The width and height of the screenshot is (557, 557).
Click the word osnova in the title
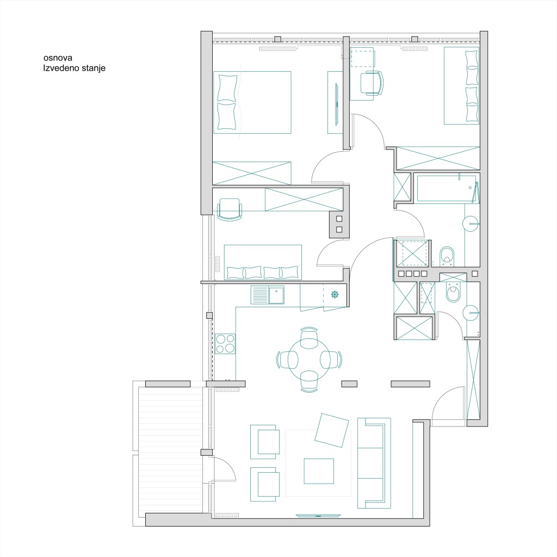[x=58, y=58]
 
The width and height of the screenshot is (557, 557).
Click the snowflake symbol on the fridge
[x=335, y=294]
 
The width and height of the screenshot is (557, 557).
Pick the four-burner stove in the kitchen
[x=225, y=344]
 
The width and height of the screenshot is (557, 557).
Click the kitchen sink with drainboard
[x=268, y=295]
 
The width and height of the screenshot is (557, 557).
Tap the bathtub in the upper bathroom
[x=447, y=188]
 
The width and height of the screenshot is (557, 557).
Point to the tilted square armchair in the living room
[x=331, y=430]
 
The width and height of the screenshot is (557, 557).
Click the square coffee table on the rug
[x=319, y=471]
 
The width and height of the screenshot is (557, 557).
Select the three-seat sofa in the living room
[x=374, y=463]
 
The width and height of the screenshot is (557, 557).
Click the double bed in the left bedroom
[x=252, y=102]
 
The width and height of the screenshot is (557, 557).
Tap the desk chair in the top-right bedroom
[x=372, y=83]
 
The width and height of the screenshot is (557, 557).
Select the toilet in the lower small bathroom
[x=453, y=292]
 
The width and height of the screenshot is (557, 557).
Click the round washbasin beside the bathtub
[x=471, y=224]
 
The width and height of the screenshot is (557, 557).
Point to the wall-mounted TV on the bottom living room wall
[x=318, y=516]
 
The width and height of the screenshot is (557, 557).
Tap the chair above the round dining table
[x=309, y=337]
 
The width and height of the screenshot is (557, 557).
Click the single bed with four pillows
[x=461, y=85]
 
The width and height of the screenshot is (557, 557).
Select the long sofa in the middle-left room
[x=263, y=262]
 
